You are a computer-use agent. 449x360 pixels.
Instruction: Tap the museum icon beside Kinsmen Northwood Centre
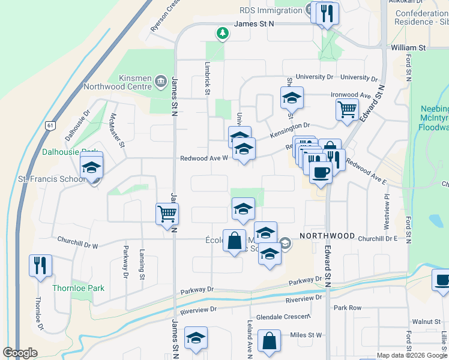[x=160, y=80]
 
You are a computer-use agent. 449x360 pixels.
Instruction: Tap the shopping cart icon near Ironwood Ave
[x=347, y=110]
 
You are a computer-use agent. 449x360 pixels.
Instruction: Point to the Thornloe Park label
[x=78, y=288]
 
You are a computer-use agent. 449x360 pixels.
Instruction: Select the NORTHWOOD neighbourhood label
[x=327, y=236]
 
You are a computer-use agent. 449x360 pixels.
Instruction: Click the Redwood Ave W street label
[x=204, y=158]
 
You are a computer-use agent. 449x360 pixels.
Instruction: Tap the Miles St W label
[x=306, y=335]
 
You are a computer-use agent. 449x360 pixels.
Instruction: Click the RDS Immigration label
[x=271, y=11]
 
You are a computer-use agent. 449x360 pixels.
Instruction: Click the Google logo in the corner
[x=20, y=353]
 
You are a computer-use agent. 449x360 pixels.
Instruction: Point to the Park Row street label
[x=348, y=308]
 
